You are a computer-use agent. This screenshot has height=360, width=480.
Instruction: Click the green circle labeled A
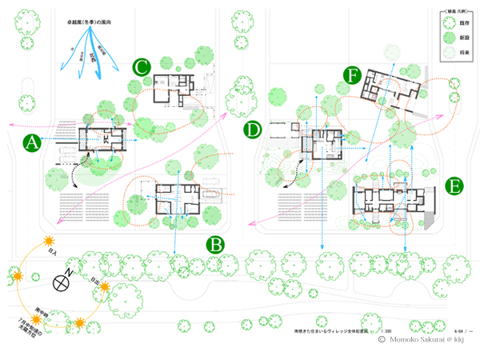[32, 143]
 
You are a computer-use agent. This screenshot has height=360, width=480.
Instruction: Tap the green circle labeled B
[216, 245]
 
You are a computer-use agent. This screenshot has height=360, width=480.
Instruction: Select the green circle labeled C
[141, 67]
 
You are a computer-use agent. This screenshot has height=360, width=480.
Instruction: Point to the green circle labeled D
[253, 129]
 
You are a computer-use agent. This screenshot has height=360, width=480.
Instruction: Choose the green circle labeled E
[454, 187]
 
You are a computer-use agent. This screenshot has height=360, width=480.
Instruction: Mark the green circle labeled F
[351, 75]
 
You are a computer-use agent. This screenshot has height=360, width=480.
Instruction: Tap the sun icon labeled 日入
[49, 241]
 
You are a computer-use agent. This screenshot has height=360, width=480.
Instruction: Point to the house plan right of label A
[103, 142]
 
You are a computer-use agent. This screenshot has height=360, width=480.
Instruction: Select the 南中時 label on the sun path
[38, 306]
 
